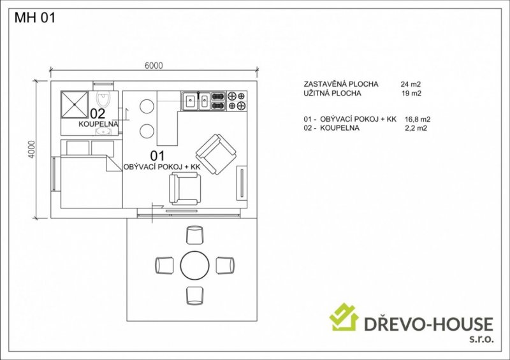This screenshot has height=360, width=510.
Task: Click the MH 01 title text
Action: coord(35,18)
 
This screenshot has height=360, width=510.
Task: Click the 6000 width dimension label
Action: coord(154,66)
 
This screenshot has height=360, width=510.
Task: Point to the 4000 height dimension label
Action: coord(31,149)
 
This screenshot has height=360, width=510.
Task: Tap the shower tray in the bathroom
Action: coord(75,104)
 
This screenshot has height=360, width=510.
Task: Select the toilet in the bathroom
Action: coord(104,99)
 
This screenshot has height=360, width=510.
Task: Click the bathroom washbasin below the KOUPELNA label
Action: coord(103,131)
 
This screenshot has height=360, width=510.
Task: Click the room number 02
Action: coord(98,113)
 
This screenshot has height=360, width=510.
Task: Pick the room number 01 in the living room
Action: coord(157,156)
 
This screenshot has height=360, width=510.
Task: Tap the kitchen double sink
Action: coord(196,101)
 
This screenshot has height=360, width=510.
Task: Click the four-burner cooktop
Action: coord(237,101)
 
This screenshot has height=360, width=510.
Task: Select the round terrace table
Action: coord(195,265)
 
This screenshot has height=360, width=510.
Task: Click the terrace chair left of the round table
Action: coord(164,265)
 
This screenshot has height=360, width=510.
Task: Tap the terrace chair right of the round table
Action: coord(225,265)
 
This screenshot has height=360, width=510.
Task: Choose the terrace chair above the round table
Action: coord(195,235)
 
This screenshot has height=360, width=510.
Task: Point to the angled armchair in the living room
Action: coord(216,154)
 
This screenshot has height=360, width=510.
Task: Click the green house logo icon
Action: coord(344,317)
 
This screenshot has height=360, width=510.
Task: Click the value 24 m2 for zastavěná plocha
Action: coord(411,84)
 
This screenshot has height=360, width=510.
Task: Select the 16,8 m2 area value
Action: coord(418,119)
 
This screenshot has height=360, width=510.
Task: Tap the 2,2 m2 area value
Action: coord(416,128)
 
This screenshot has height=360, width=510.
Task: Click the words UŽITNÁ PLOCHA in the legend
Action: coord(332,93)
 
